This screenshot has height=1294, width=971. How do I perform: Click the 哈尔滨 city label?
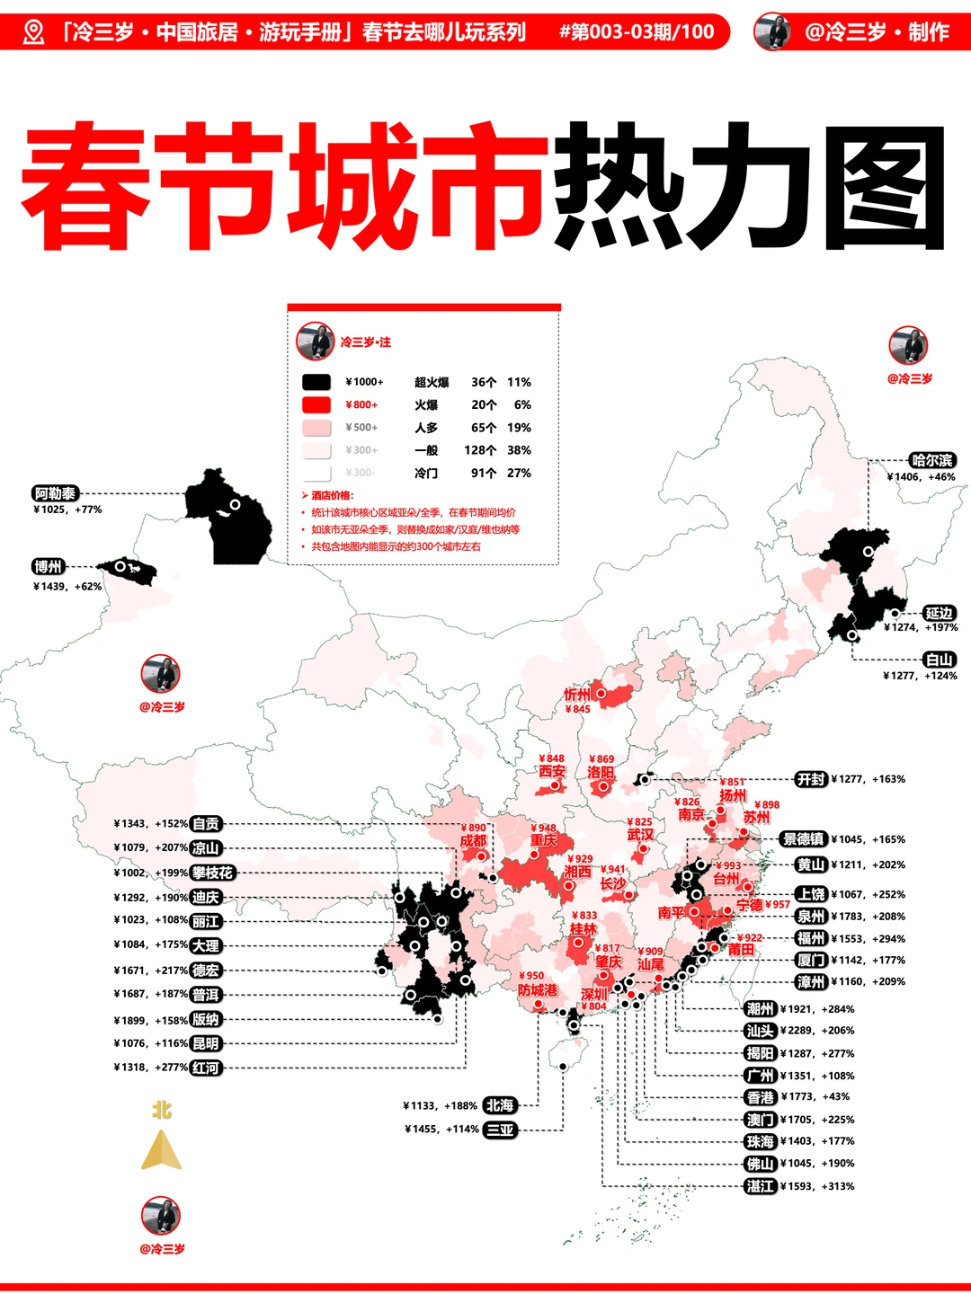click(932, 460)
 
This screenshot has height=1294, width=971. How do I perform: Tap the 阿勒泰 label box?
click(56, 493)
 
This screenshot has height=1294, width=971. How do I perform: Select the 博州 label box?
click(49, 566)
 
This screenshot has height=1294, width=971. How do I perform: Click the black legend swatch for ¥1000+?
click(316, 382)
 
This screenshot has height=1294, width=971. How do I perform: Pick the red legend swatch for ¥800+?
click(316, 404)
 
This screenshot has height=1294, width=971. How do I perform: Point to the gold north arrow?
click(162, 1149)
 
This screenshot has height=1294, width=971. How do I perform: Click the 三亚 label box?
click(500, 1130)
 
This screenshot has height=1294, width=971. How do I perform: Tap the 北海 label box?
click(500, 1105)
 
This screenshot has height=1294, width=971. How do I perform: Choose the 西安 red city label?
click(552, 772)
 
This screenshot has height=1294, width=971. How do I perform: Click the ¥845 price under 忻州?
click(578, 709)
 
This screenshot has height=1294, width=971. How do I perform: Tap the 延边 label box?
click(940, 613)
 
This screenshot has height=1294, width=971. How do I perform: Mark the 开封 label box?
click(811, 779)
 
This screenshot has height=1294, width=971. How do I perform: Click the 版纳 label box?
click(206, 1020)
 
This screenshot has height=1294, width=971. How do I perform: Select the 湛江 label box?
click(761, 1186)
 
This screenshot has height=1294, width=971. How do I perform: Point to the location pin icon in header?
click(33, 32)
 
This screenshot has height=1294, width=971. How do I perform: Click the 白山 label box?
click(940, 660)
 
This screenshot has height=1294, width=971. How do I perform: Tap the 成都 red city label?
click(473, 841)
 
